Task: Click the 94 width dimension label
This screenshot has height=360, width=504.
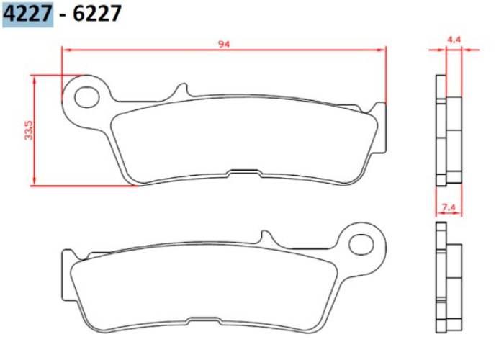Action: point(224,44)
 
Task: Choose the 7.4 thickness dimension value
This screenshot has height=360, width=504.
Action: point(449,208)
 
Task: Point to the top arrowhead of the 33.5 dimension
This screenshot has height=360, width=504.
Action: point(34,78)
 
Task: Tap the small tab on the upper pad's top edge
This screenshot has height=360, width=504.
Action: point(181,91)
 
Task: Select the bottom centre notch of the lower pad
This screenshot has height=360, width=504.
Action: point(204,320)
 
